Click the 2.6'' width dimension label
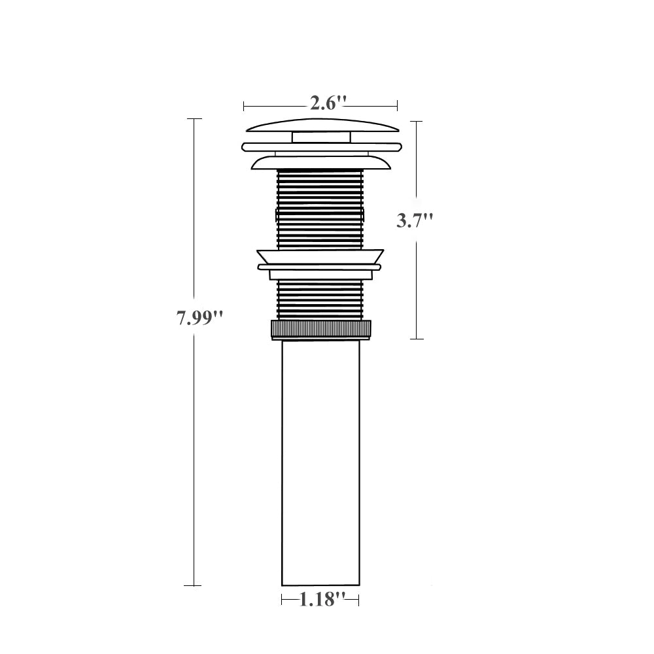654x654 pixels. [x=328, y=103]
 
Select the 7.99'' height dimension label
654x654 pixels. [x=199, y=318]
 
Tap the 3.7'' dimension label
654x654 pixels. [x=415, y=220]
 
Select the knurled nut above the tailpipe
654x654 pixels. [x=320, y=329]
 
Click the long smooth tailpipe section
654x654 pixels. [x=320, y=463]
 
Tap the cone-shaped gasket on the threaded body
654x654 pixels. [x=320, y=256]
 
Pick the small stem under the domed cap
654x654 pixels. [x=320, y=137]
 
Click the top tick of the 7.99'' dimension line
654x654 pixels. [x=194, y=119]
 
